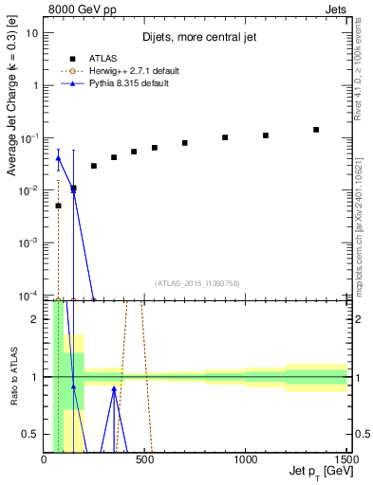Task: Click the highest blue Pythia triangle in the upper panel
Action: pyautogui.click(x=58, y=158)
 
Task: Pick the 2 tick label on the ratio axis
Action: pyautogui.click(x=35, y=319)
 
